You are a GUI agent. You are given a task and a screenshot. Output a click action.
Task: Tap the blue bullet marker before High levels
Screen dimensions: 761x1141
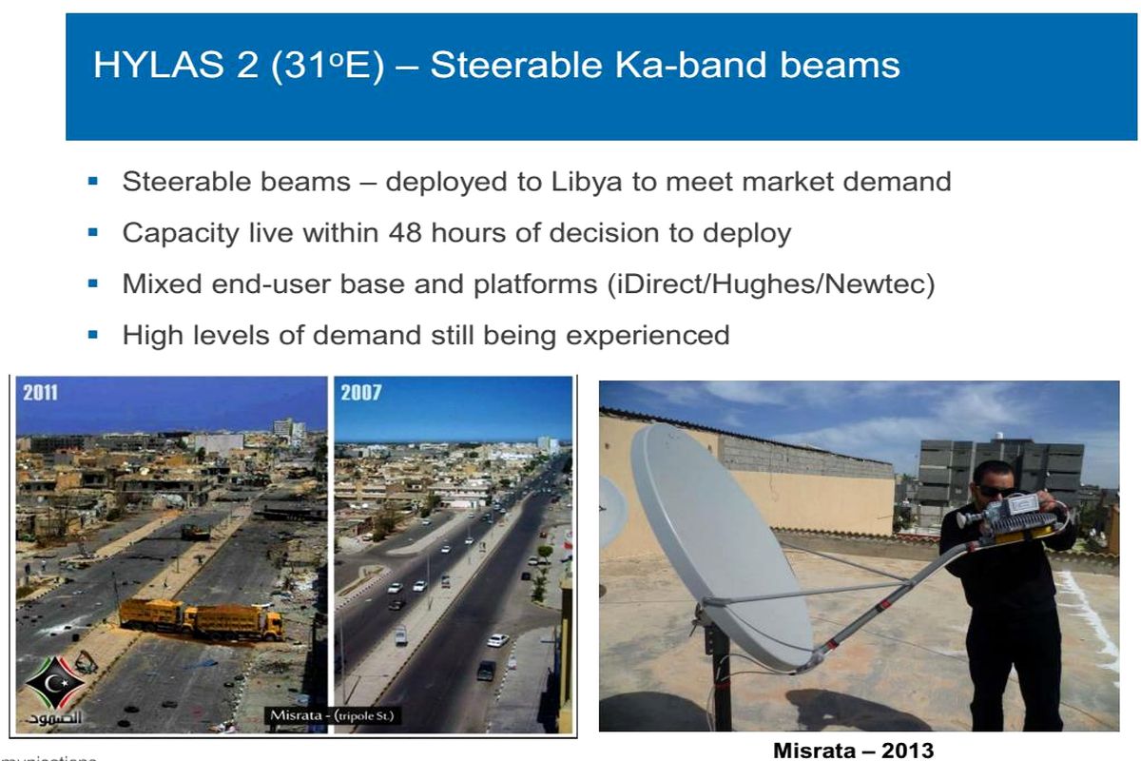(x=93, y=335)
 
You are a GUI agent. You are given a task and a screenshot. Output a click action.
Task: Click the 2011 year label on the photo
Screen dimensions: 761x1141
(x=40, y=393)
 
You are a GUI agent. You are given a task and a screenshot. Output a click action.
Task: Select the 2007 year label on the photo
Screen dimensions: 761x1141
(x=361, y=393)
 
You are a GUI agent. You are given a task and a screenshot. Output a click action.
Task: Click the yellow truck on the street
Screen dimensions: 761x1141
(x=202, y=618)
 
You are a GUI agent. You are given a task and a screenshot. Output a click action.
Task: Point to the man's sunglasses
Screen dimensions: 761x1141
(x=995, y=488)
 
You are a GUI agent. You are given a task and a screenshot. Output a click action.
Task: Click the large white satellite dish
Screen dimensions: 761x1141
(x=718, y=542)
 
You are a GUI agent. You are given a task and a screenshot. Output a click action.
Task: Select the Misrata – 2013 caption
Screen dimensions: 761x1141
(x=853, y=750)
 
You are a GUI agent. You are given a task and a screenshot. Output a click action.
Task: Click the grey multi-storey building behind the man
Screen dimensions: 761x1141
(x=998, y=476)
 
